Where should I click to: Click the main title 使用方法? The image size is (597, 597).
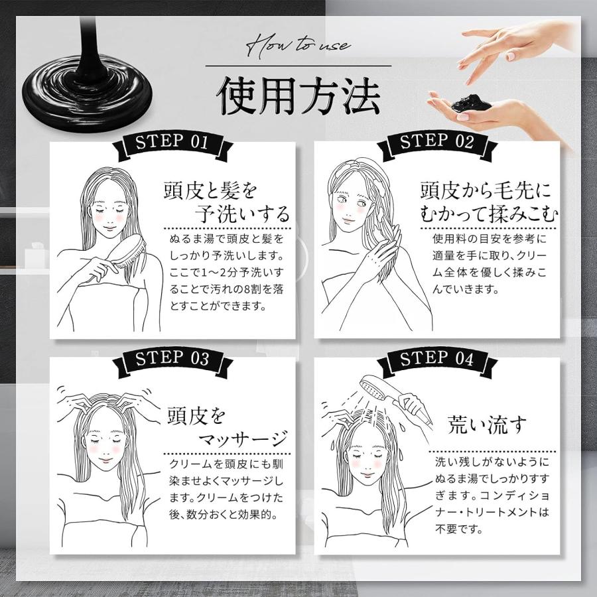(x=298, y=97)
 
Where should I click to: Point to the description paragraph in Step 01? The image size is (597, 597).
(x=226, y=272)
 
